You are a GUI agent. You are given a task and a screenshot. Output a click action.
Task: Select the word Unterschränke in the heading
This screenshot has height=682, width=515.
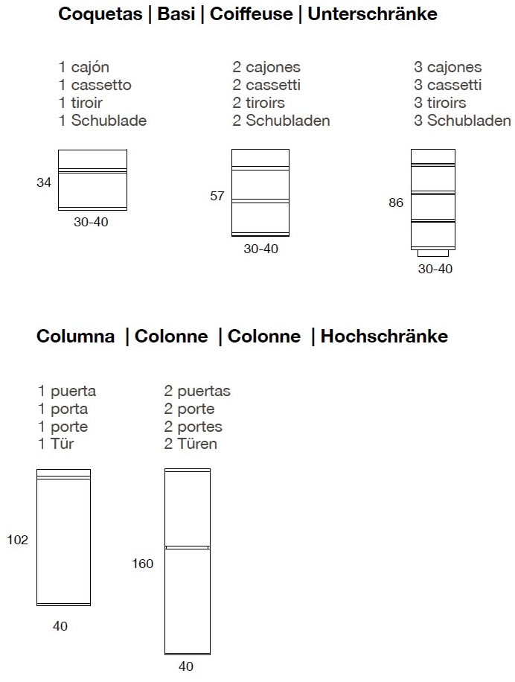(x=372, y=14)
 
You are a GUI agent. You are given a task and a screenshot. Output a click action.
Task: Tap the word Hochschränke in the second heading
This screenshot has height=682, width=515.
(x=384, y=337)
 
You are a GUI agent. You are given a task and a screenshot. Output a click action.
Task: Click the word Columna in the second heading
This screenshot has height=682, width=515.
(x=76, y=337)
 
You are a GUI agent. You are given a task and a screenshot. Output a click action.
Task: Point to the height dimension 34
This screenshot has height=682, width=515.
(x=44, y=182)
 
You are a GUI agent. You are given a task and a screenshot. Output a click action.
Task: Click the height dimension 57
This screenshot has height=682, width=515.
(x=217, y=197)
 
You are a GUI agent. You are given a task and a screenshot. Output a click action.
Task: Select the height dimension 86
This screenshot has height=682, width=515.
(x=395, y=203)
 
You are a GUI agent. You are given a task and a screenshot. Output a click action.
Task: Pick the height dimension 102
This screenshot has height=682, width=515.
(x=18, y=540)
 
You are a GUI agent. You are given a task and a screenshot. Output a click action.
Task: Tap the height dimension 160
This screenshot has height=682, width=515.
(x=142, y=564)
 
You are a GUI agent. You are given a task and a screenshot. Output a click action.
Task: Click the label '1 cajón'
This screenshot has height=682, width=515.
(x=85, y=68)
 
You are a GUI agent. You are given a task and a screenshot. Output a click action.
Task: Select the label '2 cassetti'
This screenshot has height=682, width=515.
(x=266, y=86)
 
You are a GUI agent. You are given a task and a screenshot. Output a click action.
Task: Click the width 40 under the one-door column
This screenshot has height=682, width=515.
(x=60, y=627)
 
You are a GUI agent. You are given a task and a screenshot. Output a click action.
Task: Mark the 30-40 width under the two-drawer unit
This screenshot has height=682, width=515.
(x=260, y=249)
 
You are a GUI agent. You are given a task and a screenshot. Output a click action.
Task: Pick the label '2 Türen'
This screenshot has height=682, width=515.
(x=191, y=444)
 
